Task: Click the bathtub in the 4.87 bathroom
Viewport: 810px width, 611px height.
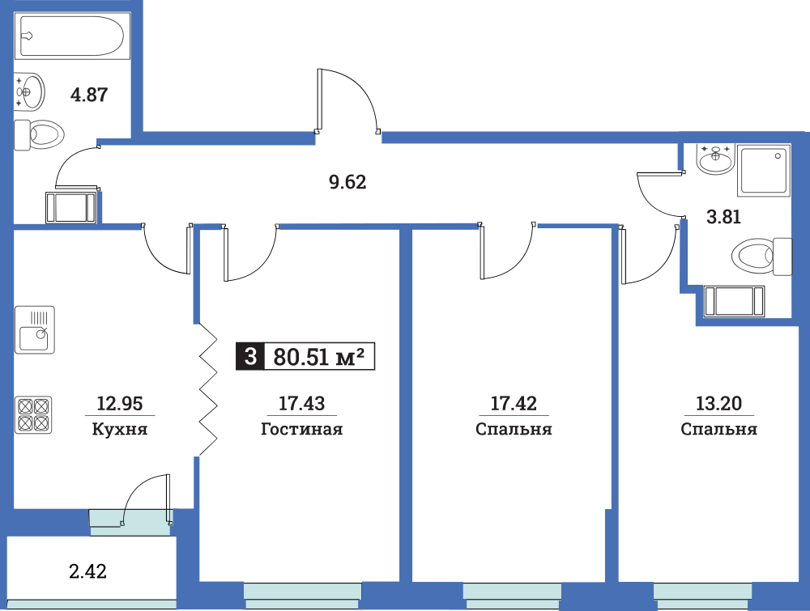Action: click(72, 36)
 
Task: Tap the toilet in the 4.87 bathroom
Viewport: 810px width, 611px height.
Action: click(39, 135)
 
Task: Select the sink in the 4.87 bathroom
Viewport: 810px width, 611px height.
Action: click(29, 92)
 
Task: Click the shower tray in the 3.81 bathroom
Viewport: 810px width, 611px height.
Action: click(764, 170)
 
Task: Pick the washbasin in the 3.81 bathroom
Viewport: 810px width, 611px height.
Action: click(715, 159)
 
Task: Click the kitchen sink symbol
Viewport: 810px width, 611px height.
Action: click(35, 329)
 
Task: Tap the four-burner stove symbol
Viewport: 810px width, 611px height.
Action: click(33, 414)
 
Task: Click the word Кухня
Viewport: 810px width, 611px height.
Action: click(120, 429)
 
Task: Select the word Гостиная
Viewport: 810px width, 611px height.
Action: click(301, 429)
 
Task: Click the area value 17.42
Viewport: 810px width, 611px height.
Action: click(514, 403)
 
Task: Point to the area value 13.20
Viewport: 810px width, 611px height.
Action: click(718, 403)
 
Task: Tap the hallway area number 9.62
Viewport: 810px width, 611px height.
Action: click(347, 182)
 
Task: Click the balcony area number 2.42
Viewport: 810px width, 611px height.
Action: click(87, 571)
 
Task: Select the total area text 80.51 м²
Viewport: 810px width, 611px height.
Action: click(318, 357)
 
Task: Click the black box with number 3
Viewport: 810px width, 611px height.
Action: click(250, 357)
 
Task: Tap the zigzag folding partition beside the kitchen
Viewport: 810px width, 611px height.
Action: click(207, 390)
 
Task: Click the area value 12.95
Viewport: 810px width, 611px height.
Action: click(120, 403)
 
